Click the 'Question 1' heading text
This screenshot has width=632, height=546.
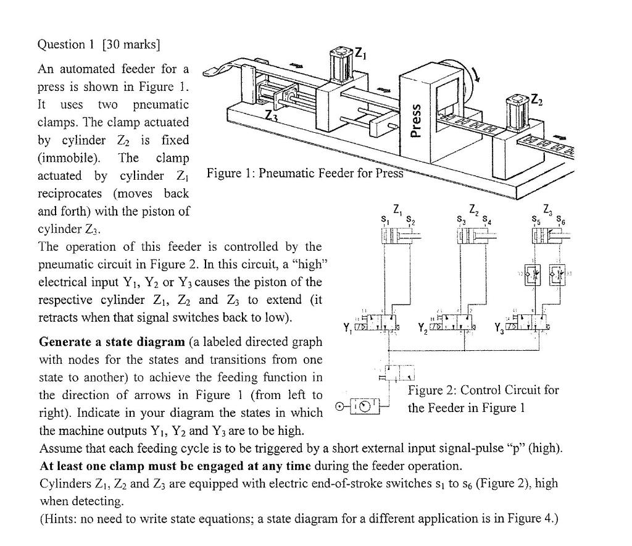point(68,44)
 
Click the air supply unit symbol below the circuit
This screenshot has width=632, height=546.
point(351,406)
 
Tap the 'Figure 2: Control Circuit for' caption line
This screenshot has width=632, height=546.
point(483,390)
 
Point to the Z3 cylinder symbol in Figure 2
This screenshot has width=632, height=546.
point(547,237)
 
